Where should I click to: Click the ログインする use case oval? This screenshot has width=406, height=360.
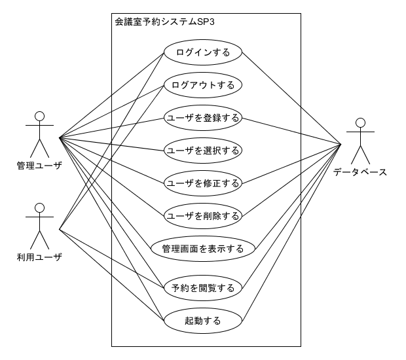pyautogui.click(x=203, y=52)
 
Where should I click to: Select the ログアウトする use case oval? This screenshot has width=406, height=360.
pyautogui.click(x=203, y=85)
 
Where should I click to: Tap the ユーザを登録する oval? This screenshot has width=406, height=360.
pyautogui.click(x=203, y=118)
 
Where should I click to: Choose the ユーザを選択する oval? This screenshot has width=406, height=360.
pyautogui.click(x=203, y=150)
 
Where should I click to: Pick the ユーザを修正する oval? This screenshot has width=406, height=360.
pyautogui.click(x=203, y=183)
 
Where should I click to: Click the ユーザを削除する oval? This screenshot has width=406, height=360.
pyautogui.click(x=203, y=215)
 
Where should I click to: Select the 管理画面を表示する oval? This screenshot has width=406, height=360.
pyautogui.click(x=203, y=249)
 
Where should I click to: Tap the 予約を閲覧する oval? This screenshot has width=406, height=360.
pyautogui.click(x=203, y=287)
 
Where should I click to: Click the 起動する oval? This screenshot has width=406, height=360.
pyautogui.click(x=203, y=321)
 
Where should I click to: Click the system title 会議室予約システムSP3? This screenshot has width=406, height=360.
pyautogui.click(x=165, y=22)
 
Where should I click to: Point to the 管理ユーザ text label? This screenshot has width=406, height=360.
pyautogui.click(x=39, y=166)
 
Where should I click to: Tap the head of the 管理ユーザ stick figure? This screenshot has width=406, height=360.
pyautogui.click(x=39, y=117)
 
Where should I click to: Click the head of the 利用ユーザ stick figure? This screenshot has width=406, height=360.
pyautogui.click(x=39, y=209)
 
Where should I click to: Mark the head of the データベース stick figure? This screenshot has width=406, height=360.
pyautogui.click(x=360, y=122)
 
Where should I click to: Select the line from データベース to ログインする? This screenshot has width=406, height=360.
pyautogui.click(x=291, y=97)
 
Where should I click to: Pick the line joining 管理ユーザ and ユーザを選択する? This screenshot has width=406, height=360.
pyautogui.click(x=111, y=144)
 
